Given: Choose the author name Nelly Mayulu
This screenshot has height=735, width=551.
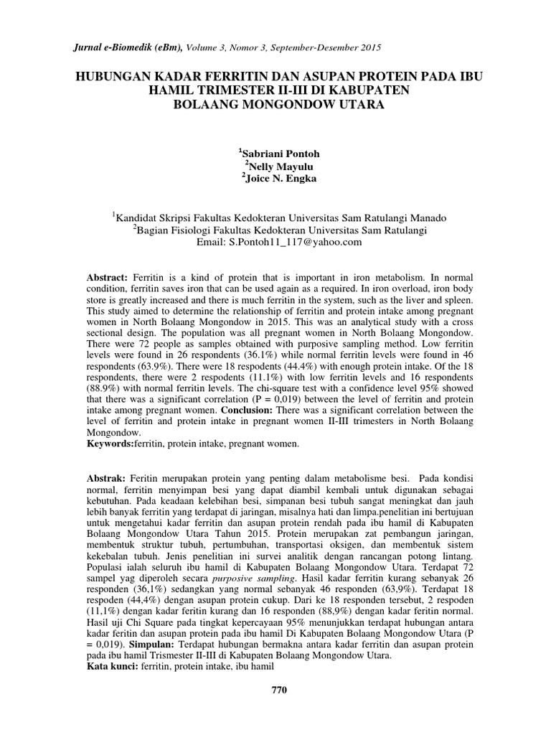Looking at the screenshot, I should click(279, 167).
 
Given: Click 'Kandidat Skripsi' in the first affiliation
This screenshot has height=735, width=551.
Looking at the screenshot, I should click(151, 217).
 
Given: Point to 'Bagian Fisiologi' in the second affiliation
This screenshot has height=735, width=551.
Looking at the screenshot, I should click(172, 230).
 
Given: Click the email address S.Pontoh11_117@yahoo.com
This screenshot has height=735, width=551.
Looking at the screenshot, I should click(295, 243).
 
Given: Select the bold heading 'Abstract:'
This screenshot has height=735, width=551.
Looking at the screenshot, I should click(107, 276).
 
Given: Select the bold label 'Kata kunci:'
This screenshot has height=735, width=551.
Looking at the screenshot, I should click(111, 666).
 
